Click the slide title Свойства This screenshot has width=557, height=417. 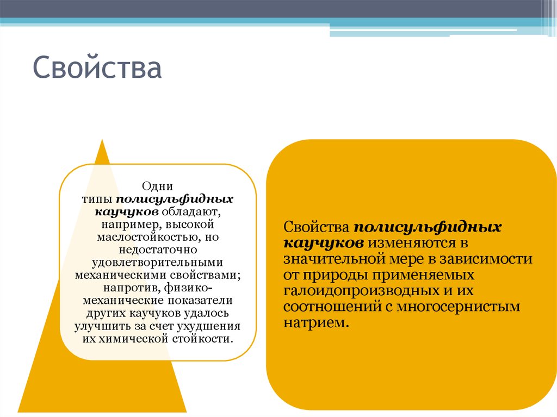(x=97, y=69)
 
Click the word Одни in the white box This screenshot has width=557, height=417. (x=158, y=186)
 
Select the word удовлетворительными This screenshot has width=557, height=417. (x=158, y=262)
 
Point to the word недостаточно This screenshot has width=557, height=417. (x=158, y=249)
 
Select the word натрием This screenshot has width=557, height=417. (x=314, y=322)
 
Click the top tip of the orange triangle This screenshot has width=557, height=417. (x=102, y=141)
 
